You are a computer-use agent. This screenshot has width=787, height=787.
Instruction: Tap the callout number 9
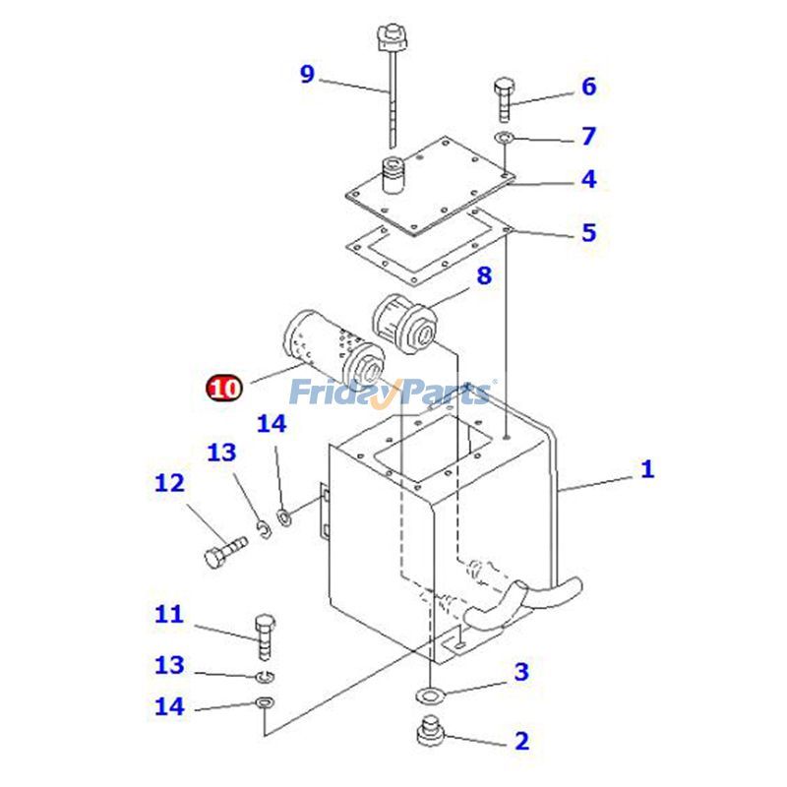[x=307, y=74]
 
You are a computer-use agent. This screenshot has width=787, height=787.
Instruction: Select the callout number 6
[x=588, y=87]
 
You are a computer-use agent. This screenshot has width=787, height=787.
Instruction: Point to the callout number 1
[x=646, y=469]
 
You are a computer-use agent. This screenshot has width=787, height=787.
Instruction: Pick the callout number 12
[x=169, y=483]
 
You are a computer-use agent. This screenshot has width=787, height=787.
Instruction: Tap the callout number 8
[x=484, y=275]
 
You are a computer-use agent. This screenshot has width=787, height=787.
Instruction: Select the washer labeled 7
[x=504, y=136]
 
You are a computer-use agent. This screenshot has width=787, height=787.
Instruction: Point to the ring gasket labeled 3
[x=430, y=696]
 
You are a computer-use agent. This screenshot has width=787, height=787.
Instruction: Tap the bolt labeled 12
[x=223, y=551]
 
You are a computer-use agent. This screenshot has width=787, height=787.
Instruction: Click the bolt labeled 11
[x=265, y=636]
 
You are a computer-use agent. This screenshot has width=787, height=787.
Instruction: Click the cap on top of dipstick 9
[x=391, y=40]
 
